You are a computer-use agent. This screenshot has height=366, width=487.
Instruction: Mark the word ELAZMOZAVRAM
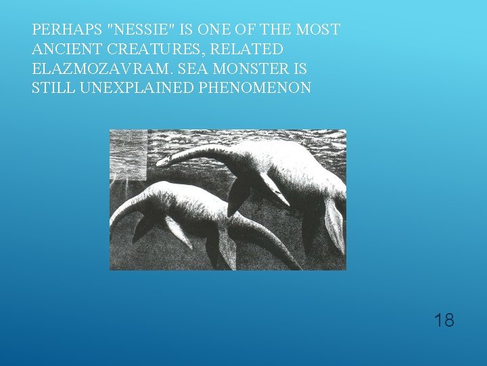point(91,69)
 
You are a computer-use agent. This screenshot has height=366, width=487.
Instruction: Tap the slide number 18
point(444,320)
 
